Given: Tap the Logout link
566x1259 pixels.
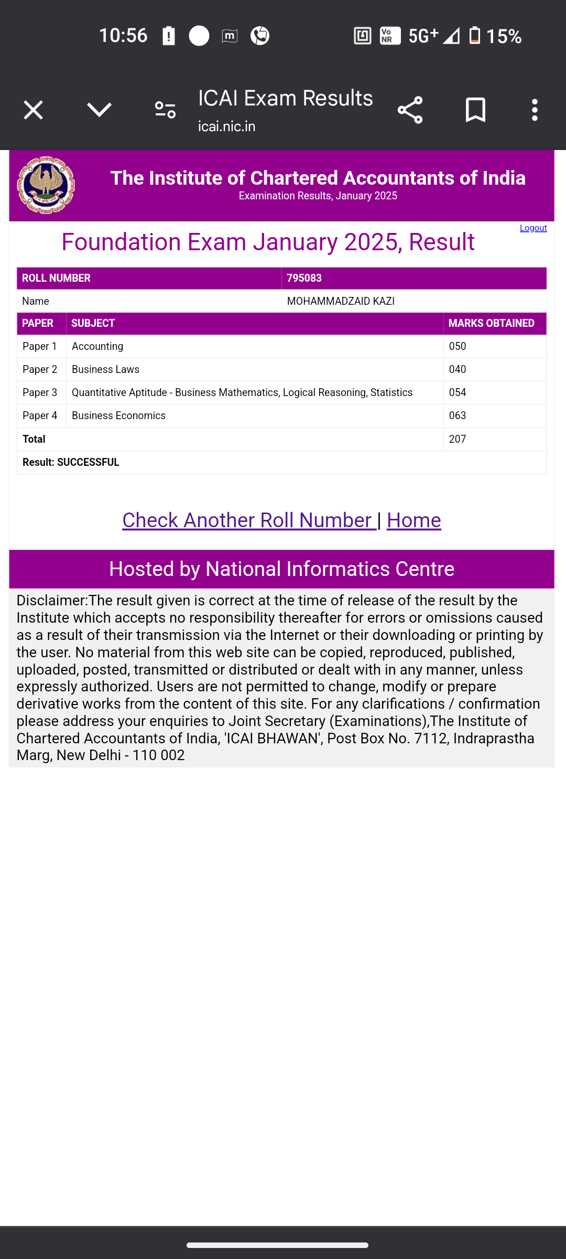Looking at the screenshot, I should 533,228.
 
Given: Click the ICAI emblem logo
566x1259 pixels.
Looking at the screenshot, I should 46,185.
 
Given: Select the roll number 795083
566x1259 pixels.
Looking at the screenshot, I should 304,278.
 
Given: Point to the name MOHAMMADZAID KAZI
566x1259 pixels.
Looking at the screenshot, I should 341,301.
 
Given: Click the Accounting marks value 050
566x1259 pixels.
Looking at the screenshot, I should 458,346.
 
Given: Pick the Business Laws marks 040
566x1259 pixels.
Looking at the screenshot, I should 458,369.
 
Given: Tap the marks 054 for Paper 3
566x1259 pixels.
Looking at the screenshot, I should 458,392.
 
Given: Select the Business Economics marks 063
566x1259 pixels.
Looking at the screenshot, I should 458,415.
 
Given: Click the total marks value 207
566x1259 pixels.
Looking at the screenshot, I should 458,439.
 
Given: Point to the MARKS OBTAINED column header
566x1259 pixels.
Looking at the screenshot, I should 491,323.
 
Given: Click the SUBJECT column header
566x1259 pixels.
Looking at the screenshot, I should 93,323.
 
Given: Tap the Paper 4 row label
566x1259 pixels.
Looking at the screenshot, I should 40,415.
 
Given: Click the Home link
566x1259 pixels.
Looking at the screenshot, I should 413,520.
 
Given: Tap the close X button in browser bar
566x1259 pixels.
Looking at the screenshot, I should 33,110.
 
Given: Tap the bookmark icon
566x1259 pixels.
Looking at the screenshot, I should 475,110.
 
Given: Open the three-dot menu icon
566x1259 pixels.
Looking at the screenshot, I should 535,110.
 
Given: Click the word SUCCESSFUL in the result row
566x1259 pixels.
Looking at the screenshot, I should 88,462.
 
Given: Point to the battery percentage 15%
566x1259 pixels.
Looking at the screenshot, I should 504,36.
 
